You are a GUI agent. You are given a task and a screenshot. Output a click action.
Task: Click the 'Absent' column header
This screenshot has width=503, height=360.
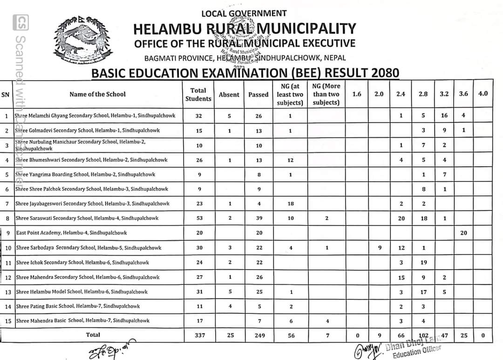pos(229,95)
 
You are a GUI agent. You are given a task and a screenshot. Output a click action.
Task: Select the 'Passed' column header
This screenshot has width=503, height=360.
pos(258,95)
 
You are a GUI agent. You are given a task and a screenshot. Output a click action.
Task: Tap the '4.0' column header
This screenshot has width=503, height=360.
pos(483,94)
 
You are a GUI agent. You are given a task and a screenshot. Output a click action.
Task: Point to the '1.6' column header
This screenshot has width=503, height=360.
pos(357,94)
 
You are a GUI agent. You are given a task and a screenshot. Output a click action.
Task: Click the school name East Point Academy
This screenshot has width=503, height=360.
pos(71,233)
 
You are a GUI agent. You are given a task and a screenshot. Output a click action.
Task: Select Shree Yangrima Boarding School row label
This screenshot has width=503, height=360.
pos(85,175)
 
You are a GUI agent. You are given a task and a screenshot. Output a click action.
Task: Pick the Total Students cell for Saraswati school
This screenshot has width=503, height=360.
pos(199,218)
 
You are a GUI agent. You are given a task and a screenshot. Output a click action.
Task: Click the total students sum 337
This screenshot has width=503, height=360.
pos(200,335)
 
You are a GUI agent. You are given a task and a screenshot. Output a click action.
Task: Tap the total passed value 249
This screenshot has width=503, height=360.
pos(259,335)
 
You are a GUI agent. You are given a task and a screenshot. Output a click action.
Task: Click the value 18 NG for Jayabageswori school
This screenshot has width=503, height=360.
pos(291,204)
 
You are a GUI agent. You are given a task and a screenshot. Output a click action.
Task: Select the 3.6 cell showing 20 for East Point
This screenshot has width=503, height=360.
pos(463,233)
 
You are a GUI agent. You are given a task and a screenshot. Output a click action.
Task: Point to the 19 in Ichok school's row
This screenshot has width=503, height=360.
pos(423,263)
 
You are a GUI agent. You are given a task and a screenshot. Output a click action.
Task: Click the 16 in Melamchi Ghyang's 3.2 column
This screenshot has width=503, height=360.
pos(444,115)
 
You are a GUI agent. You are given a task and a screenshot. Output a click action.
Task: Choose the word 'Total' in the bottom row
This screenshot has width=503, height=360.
pos(93,334)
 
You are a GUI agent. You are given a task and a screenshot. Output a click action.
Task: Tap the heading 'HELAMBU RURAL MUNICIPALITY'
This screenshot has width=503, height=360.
pos(245,29)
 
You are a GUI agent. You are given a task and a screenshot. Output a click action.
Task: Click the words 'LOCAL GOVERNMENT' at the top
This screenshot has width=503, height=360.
pos(244,14)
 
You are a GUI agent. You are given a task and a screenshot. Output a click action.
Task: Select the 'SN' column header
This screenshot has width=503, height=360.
pos(6,94)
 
